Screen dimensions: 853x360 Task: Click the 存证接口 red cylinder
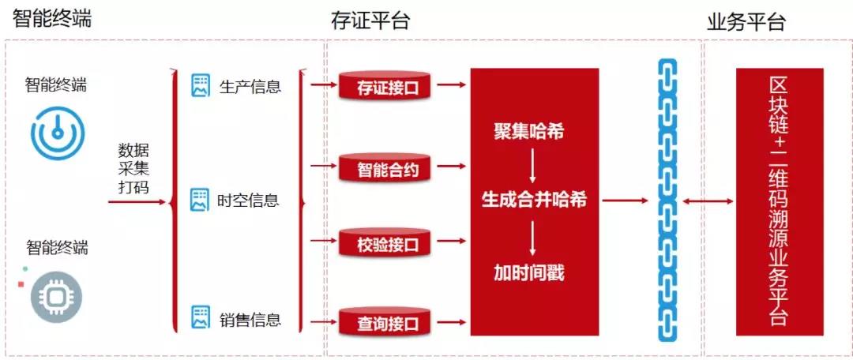pyautogui.click(x=386, y=85)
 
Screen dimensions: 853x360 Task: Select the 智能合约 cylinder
pyautogui.click(x=386, y=167)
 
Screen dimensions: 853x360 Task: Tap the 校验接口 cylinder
pyautogui.click(x=386, y=242)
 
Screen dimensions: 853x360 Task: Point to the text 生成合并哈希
pyautogui.click(x=534, y=201)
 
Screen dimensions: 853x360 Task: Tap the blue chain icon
pyautogui.click(x=667, y=200)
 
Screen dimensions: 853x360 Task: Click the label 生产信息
pyautogui.click(x=250, y=86)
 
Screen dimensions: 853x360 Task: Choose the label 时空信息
pyautogui.click(x=248, y=201)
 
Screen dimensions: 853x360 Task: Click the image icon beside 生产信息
pyautogui.click(x=201, y=85)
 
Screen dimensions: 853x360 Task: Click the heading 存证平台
pyautogui.click(x=370, y=21)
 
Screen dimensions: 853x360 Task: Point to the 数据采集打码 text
pyautogui.click(x=133, y=169)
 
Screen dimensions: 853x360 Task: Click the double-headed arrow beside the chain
pyautogui.click(x=708, y=201)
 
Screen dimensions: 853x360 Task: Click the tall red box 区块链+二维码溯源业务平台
pyautogui.click(x=779, y=202)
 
